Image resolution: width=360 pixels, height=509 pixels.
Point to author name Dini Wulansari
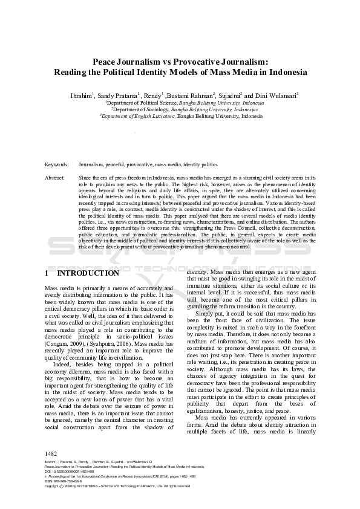coord(277,95)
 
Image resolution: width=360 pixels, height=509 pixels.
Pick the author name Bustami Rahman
coord(191,95)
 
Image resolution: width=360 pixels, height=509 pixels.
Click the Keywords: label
coord(57,164)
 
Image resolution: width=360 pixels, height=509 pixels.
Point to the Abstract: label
coord(55,178)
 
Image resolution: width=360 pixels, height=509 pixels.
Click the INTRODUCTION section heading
coord(88,273)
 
